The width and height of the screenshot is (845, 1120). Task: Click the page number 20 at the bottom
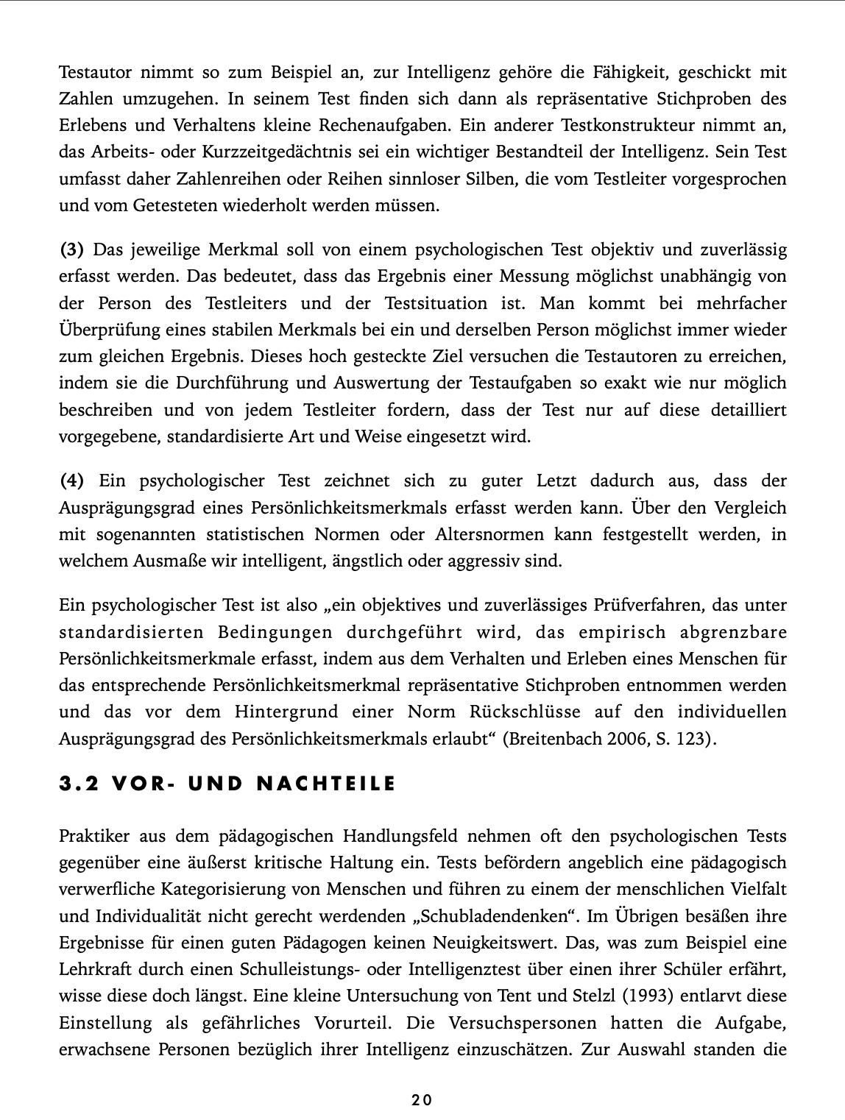coord(422,1100)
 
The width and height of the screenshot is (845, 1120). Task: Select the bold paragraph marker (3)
coord(71,249)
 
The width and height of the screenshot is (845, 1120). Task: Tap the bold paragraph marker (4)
coord(71,481)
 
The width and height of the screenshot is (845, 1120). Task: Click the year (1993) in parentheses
coord(646,996)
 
